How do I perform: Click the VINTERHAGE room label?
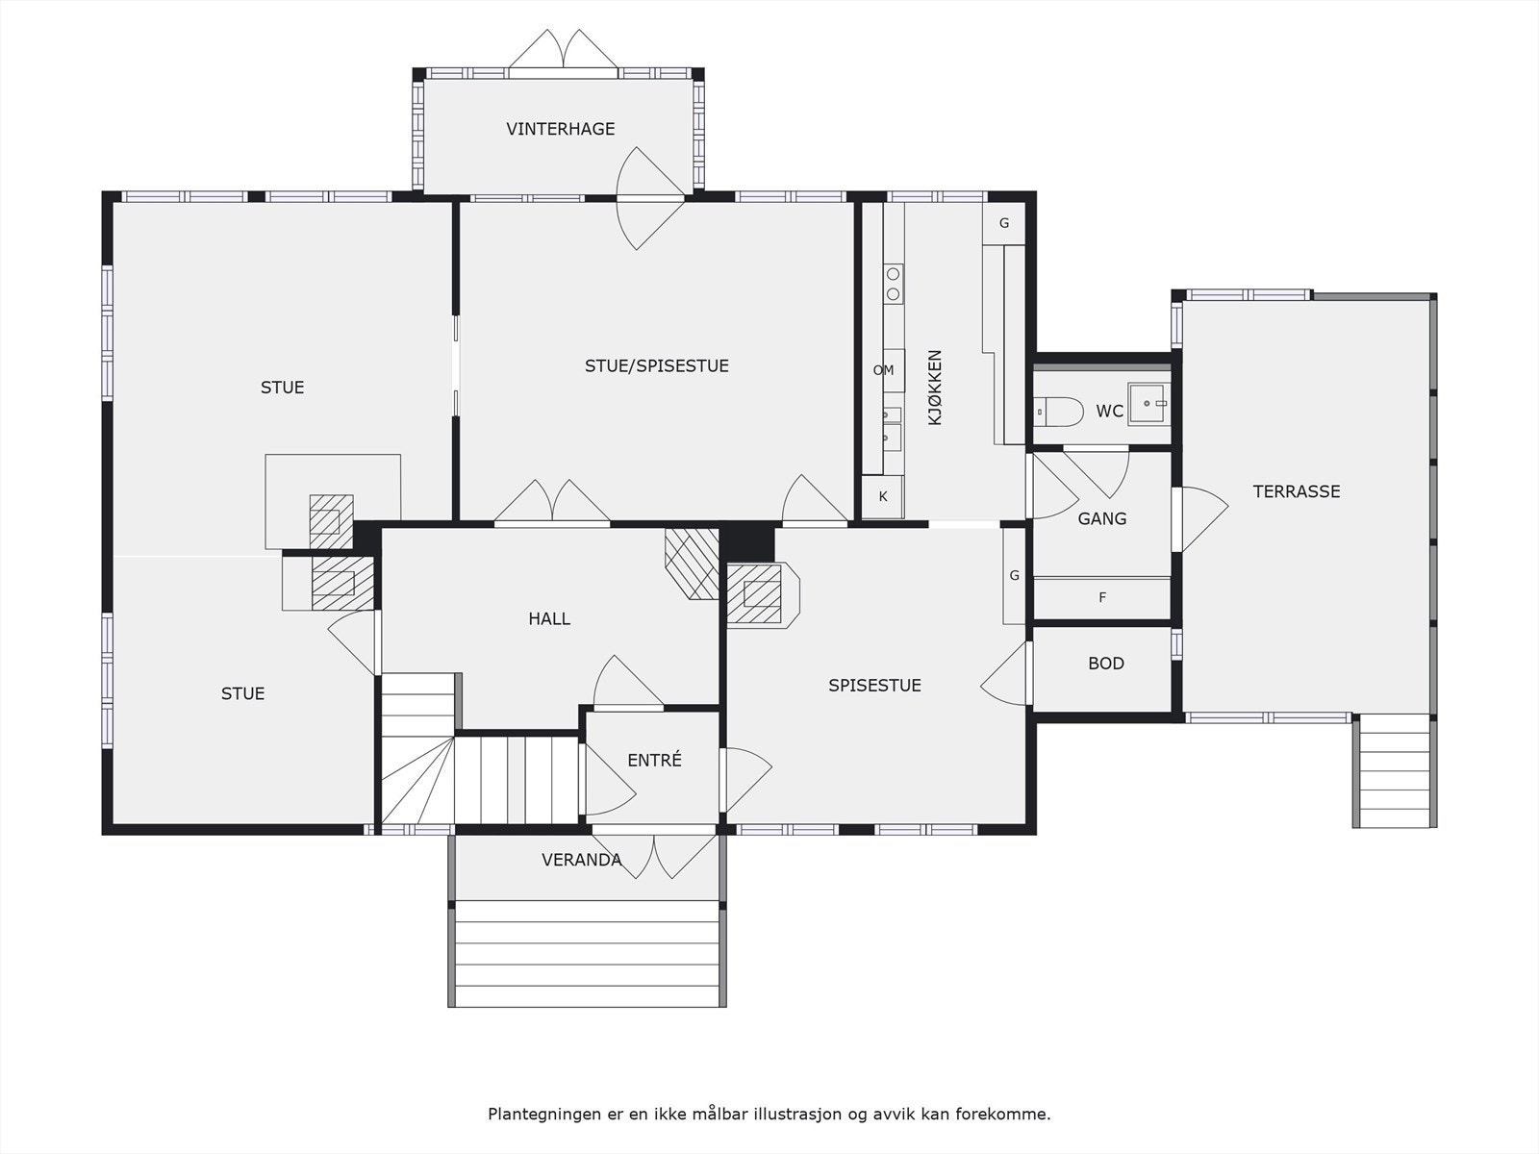pos(560,129)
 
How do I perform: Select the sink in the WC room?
pos(1148,404)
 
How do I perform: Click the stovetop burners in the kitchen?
pos(893,284)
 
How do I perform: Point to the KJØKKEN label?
pos(935,388)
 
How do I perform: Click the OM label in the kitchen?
pos(883,370)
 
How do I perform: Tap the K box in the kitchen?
pos(882,497)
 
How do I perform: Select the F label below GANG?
pos(1102,597)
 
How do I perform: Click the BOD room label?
pos(1106,664)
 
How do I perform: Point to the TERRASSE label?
pos(1297,491)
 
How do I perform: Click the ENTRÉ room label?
pos(654,760)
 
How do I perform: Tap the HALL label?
pos(549,618)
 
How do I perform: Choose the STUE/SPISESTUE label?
pos(657,365)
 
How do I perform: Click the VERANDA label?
pos(581,860)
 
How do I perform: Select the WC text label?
pos(1109,412)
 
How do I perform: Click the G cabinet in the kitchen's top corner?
pos(1004,223)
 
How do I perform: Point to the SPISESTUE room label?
pos(874,686)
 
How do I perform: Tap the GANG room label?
pos(1102,519)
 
